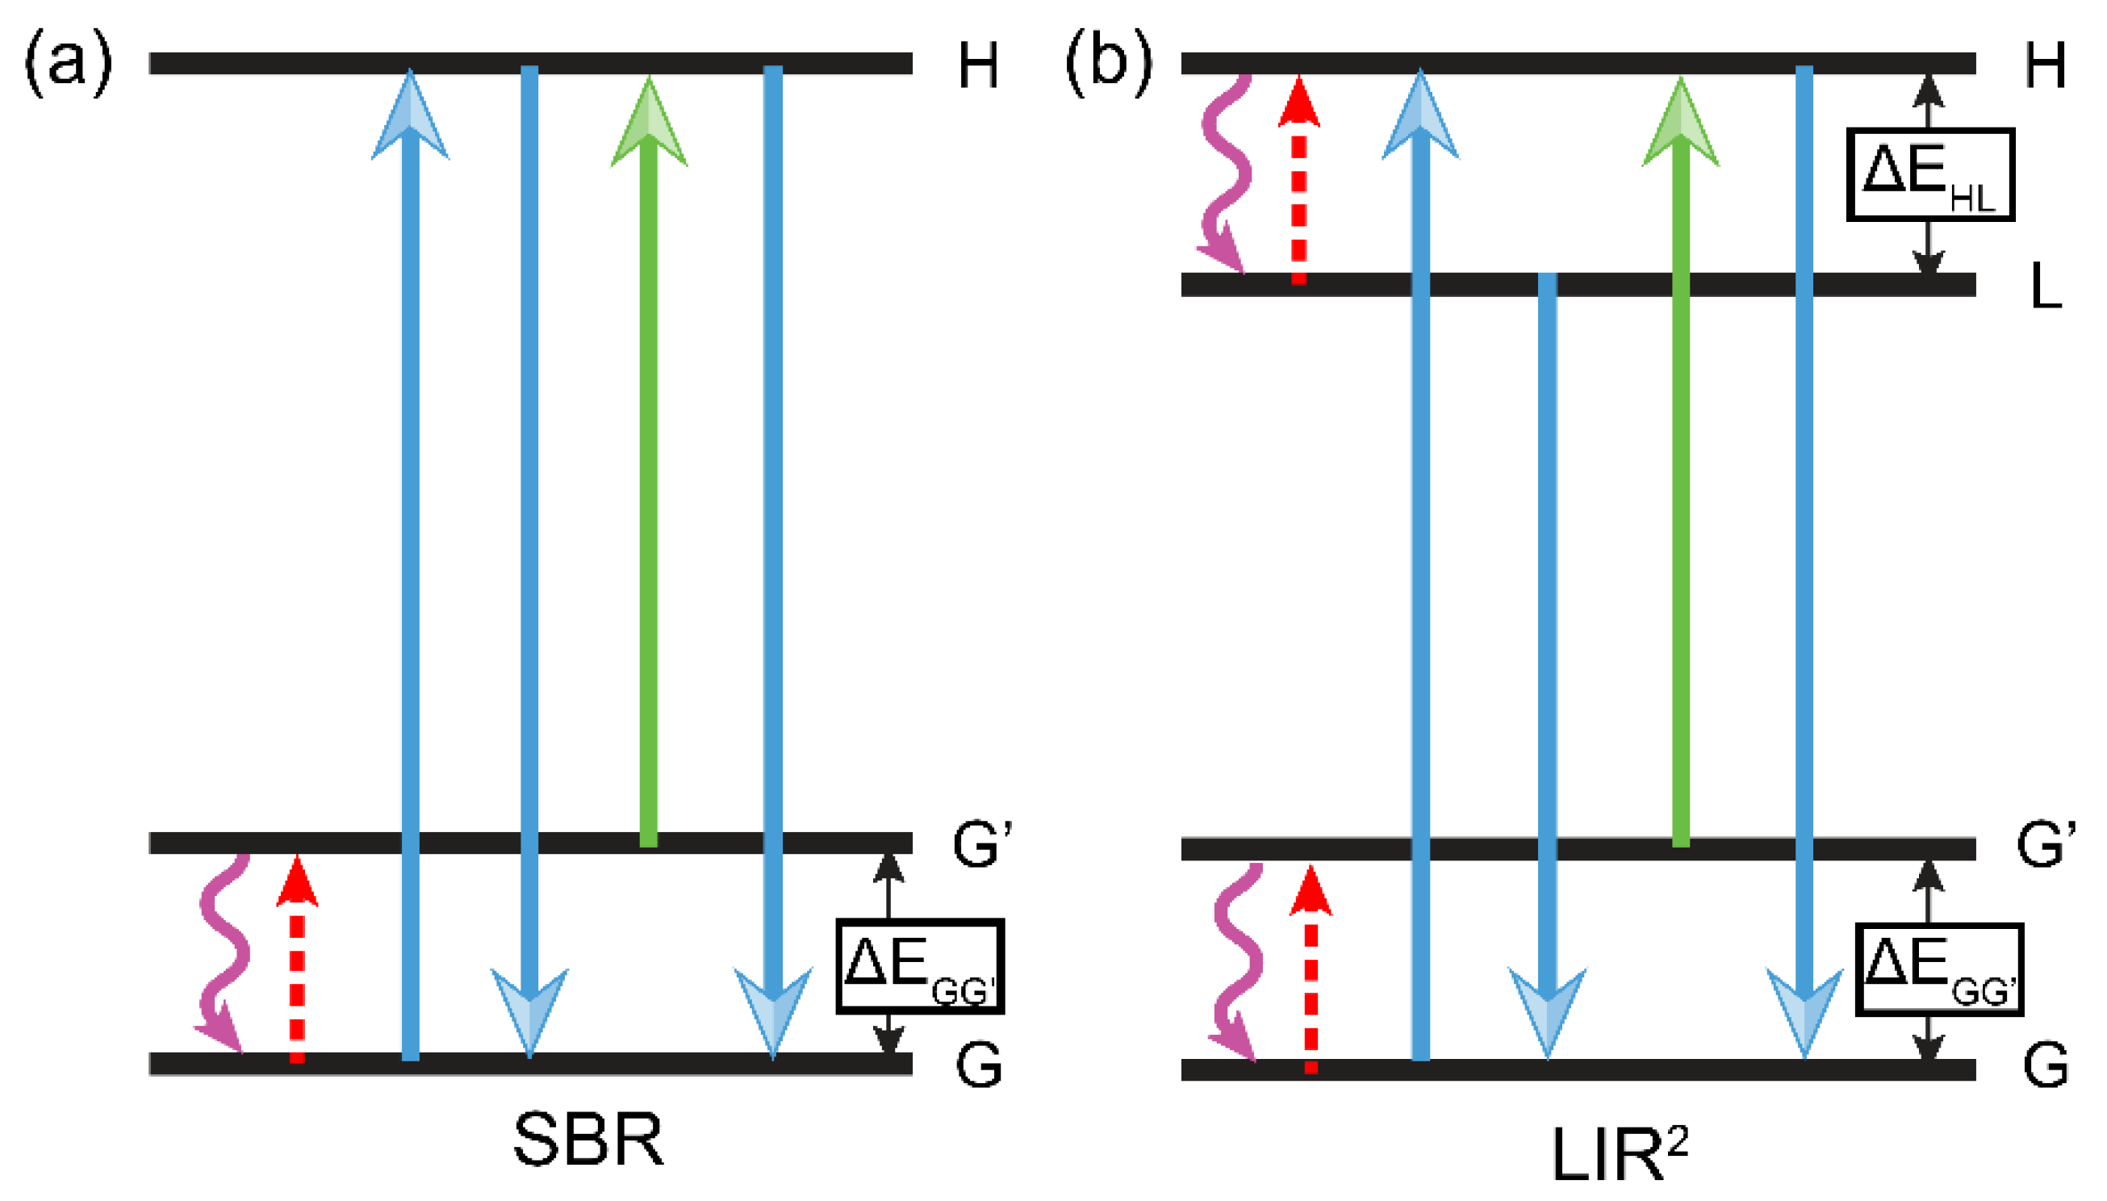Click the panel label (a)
coord(68,62)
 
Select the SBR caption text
coord(588,1140)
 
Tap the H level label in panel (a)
coord(978,66)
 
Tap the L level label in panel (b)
coord(2045,289)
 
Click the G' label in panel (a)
coord(981,846)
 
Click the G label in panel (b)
coord(2045,1065)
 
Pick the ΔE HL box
coord(1929,174)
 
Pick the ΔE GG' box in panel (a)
coord(919,965)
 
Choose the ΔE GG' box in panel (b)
coord(1939,969)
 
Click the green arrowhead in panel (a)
coord(649,123)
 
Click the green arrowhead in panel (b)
coord(1680,123)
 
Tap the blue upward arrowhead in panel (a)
coord(410,115)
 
